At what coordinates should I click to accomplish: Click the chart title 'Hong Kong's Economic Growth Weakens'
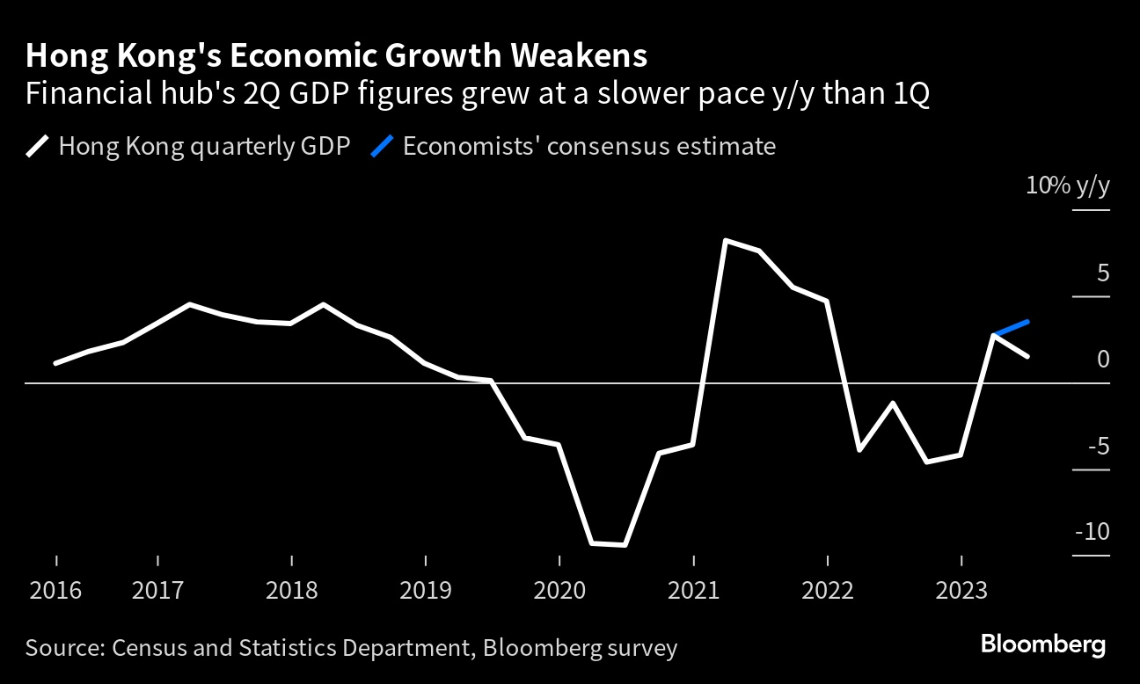(x=336, y=56)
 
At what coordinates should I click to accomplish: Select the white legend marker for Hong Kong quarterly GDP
(x=38, y=146)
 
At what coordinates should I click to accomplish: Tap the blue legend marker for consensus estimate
(x=382, y=146)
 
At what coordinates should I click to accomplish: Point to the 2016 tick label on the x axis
(x=56, y=590)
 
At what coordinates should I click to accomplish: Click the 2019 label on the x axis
(x=426, y=590)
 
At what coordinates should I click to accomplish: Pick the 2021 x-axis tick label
(x=694, y=590)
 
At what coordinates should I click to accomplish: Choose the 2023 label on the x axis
(x=961, y=590)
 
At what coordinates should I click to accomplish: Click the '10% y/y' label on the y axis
(x=1067, y=186)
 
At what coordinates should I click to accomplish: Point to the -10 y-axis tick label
(x=1092, y=532)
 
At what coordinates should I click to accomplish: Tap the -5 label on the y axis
(x=1096, y=446)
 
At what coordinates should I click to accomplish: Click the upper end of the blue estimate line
(x=1027, y=322)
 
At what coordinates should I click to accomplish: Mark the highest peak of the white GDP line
(x=725, y=240)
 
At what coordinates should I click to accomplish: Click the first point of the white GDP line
(x=56, y=363)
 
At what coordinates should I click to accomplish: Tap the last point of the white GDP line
(x=1027, y=356)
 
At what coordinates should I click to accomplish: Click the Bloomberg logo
(x=1043, y=644)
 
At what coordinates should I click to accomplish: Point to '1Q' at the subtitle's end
(x=911, y=93)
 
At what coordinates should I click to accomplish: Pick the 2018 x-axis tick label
(x=291, y=590)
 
